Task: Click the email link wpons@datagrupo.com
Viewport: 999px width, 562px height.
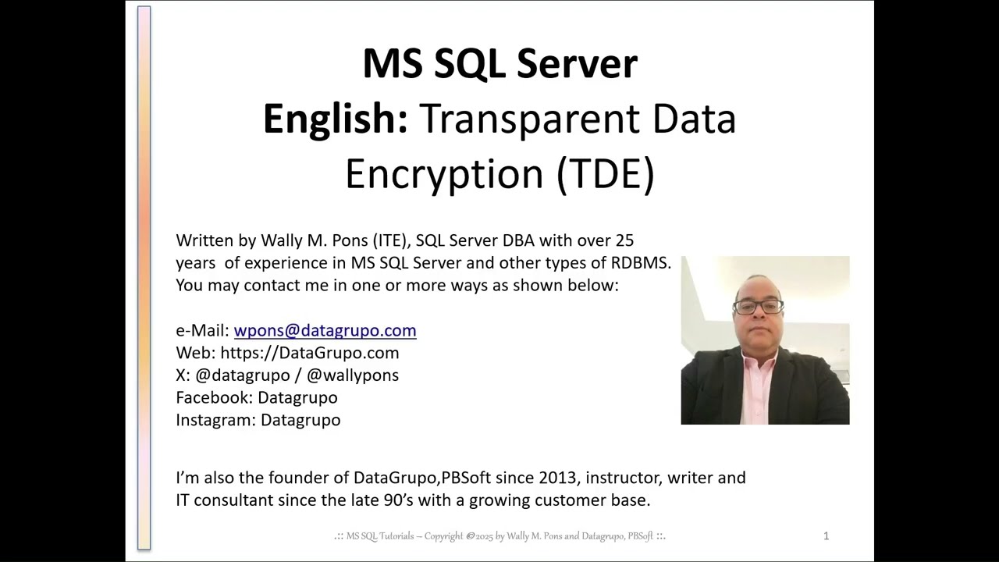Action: click(x=325, y=330)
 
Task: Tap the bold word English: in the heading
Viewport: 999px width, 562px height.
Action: click(x=335, y=119)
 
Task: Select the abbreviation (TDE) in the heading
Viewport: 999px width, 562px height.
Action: click(x=605, y=173)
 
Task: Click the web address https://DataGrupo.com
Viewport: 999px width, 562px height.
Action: click(x=309, y=353)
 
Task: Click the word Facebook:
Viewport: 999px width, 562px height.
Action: click(x=214, y=397)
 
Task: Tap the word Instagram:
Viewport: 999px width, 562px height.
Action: click(x=215, y=420)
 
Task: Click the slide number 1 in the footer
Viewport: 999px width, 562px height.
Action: click(x=826, y=535)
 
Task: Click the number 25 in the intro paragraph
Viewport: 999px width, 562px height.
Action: click(x=624, y=240)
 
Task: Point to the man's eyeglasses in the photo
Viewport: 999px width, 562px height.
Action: click(x=758, y=306)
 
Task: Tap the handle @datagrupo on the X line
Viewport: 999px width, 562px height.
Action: click(x=242, y=375)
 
